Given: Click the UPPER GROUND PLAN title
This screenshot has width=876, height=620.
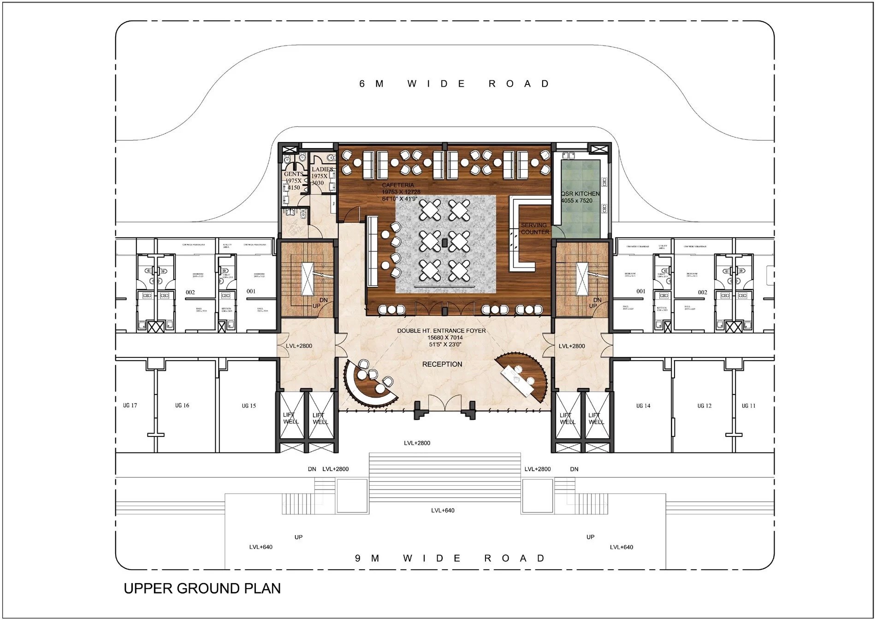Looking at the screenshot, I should coord(202,589).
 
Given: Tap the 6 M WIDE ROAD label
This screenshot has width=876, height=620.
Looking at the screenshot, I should coord(454,84).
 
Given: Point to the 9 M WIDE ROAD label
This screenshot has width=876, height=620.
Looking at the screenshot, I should coord(450,558).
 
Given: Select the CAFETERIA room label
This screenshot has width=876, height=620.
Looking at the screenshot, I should coord(398,185).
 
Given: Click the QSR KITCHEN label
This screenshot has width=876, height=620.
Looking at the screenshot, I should coord(580,194).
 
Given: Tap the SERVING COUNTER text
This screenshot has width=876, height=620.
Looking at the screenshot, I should coord(534,228).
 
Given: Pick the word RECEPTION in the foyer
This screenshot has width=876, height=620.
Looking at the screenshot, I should coord(442,364).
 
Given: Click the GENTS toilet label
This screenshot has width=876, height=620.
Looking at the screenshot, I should coord(293,174).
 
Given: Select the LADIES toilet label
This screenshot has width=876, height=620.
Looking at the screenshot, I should coord(322,169).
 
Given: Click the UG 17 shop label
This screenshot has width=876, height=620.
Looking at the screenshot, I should coord(130,405).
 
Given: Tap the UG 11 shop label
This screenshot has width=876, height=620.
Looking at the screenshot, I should coord(748,406).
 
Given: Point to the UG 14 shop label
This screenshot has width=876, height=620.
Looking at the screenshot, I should coord(643,406).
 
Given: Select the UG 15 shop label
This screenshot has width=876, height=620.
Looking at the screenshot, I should coord(249,406).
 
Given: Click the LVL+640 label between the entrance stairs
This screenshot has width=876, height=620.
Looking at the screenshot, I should coord(443,510).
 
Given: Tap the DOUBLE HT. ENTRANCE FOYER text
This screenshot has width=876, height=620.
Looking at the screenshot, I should coord(441,331).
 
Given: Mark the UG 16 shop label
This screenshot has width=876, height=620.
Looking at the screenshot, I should coord(182,405).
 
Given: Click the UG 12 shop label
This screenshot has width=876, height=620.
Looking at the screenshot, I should coord(704,406).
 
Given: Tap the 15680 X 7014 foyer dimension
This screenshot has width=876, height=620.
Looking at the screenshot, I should coord(444,338).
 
